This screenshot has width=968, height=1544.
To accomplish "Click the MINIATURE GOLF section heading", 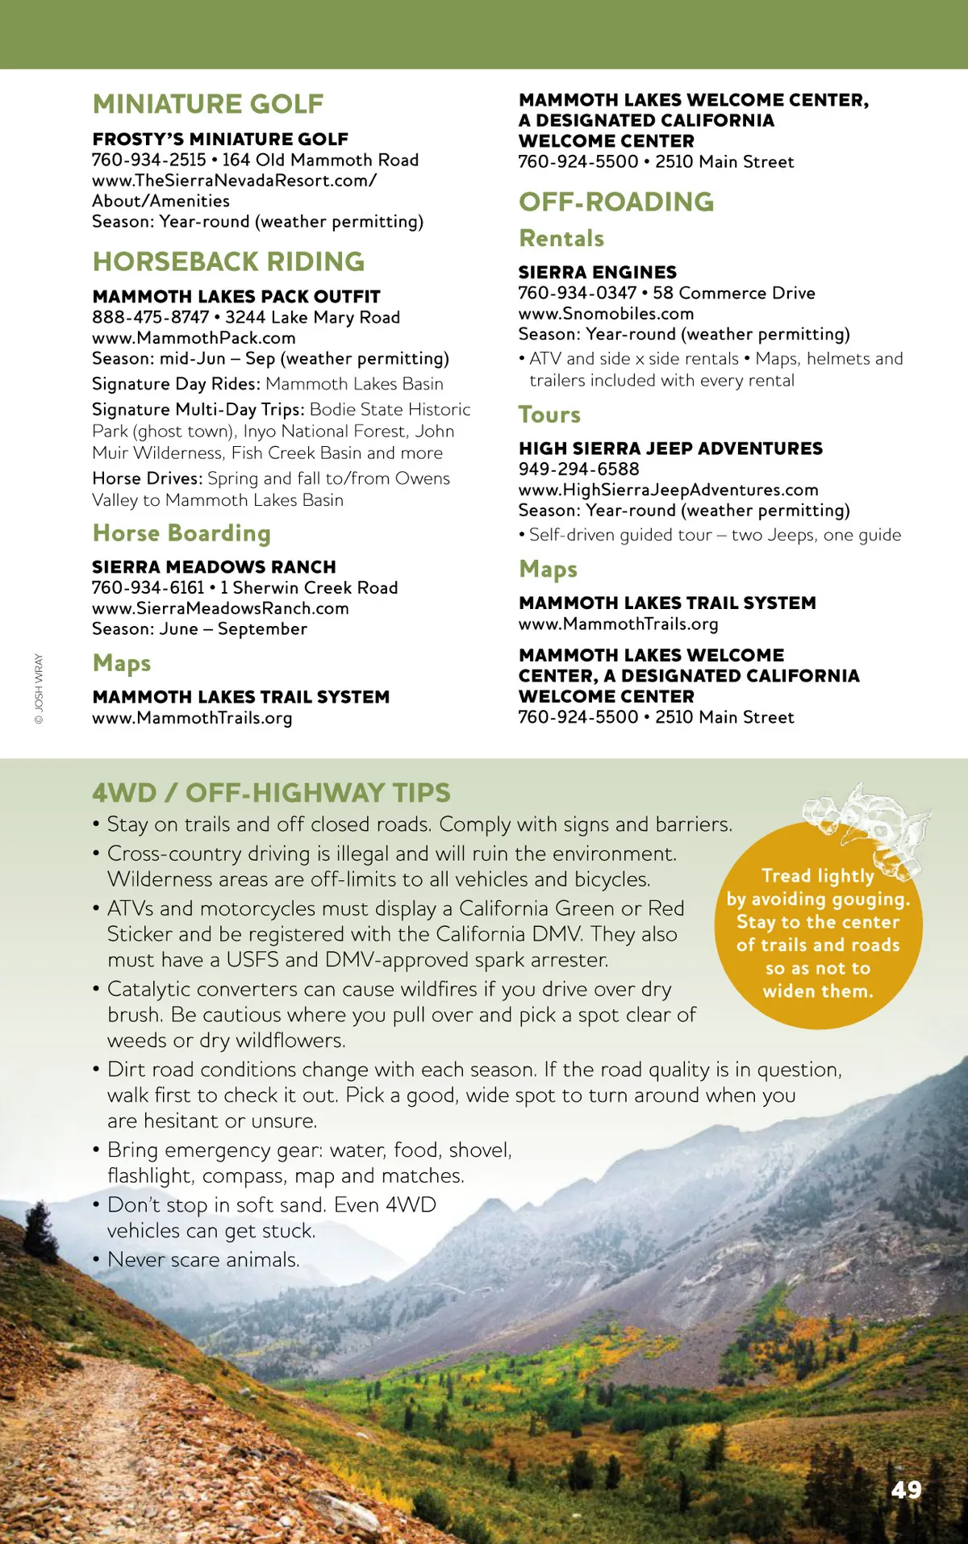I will [208, 104].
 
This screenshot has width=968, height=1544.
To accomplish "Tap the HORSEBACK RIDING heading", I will [228, 261].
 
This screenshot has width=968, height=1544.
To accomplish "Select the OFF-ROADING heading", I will [616, 202].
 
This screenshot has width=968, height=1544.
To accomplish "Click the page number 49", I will [906, 1489].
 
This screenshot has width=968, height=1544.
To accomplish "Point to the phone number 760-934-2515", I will [149, 160].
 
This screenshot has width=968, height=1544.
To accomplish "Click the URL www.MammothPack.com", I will [194, 338].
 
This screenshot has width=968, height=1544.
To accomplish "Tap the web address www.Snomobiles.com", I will [606, 314].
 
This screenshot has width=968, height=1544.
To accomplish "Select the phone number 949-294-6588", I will [578, 469].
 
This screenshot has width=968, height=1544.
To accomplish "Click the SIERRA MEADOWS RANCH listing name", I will [214, 567].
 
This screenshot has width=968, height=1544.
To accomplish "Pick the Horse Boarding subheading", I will [181, 533].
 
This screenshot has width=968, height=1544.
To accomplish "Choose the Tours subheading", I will [549, 415].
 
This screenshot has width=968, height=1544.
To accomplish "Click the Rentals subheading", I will [561, 239].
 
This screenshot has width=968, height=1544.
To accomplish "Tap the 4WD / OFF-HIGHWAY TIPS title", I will [271, 793].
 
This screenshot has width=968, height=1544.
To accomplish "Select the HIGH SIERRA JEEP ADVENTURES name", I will [670, 449].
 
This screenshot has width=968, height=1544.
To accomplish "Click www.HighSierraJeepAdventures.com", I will [668, 490].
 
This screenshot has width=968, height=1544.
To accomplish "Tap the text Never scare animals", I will [203, 1259].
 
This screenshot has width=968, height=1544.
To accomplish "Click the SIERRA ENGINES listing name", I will [597, 273].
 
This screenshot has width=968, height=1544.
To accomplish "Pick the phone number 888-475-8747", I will [150, 317].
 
